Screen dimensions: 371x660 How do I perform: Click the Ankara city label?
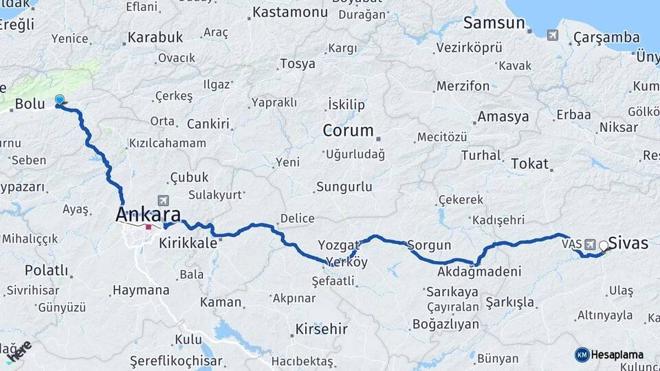coord(148,214)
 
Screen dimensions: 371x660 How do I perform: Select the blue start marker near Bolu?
coord(60,100)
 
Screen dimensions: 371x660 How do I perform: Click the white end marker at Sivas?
coord(604,245)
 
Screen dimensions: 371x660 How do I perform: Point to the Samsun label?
coord(494,23)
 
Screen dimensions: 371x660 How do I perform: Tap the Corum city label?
coord(349,131)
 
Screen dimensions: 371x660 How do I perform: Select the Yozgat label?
coord(339,245)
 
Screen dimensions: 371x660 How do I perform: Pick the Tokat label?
coord(529,164)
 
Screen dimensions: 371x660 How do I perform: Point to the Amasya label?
coord(503,116)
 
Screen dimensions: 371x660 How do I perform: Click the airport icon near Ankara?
coord(163,201)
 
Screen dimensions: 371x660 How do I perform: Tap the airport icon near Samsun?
coord(552,34)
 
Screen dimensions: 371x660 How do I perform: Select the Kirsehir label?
coord(321,329)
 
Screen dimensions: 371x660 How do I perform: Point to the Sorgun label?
coord(429,245)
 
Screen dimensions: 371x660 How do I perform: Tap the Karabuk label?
coord(155,37)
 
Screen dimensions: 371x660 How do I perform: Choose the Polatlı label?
coord(46,270)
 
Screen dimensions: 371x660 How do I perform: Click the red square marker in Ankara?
coord(148,227)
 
